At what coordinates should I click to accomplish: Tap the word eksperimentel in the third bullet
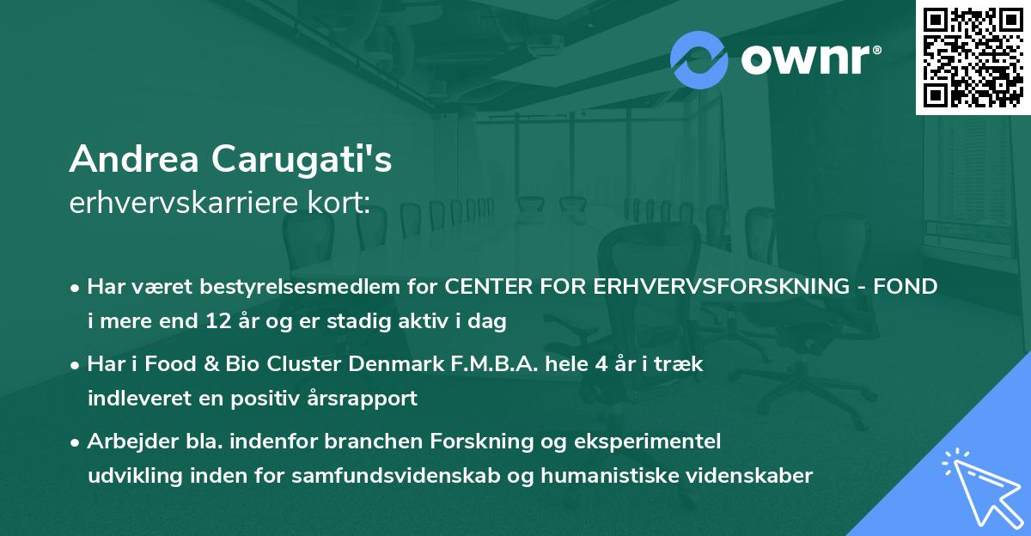(663, 442)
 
